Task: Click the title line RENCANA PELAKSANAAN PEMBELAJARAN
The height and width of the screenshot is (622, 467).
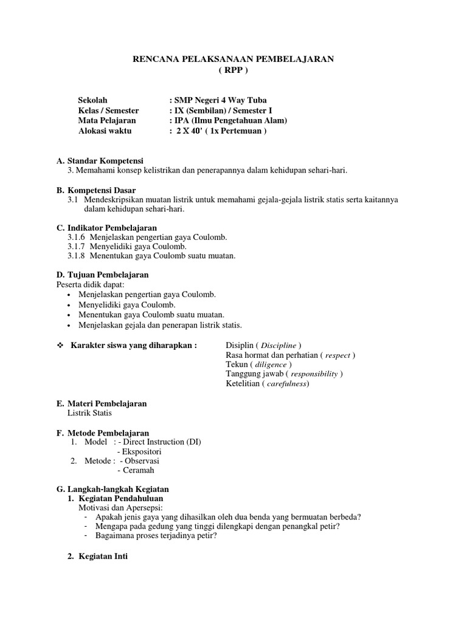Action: pyautogui.click(x=233, y=59)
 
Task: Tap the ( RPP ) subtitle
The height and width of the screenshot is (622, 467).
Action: pyautogui.click(x=233, y=70)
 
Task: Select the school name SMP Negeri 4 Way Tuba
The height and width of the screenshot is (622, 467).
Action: pyautogui.click(x=220, y=100)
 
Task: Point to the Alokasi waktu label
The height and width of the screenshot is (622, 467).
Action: pyautogui.click(x=105, y=131)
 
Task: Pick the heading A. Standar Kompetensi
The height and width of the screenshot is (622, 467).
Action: pyautogui.click(x=100, y=161)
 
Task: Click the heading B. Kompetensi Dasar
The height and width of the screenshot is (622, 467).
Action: pyautogui.click(x=96, y=190)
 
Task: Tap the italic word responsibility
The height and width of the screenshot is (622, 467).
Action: pyautogui.click(x=313, y=374)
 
